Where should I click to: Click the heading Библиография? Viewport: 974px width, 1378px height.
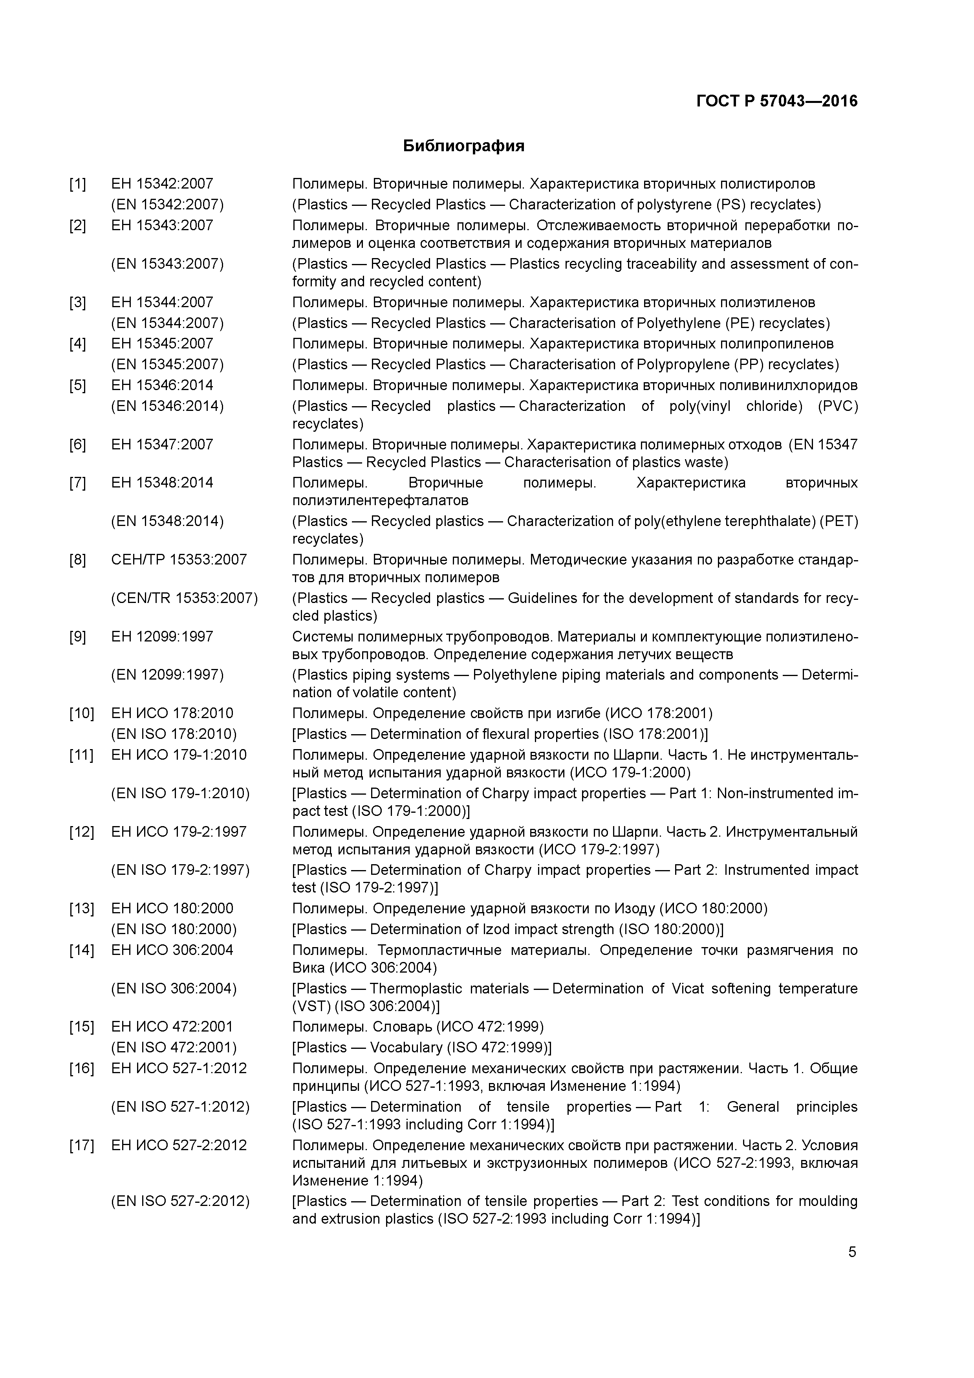(x=463, y=146)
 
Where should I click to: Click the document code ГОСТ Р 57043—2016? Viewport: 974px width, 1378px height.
(x=776, y=101)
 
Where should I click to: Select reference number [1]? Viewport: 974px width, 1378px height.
(x=77, y=184)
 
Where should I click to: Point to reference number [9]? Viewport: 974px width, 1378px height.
(x=77, y=636)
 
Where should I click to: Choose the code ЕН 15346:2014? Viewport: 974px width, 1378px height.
(x=162, y=385)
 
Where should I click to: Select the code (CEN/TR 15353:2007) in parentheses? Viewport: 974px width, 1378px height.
(x=184, y=598)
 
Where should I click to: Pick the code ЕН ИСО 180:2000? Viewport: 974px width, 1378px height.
(x=172, y=909)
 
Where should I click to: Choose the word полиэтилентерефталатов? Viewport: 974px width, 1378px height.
(x=380, y=500)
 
